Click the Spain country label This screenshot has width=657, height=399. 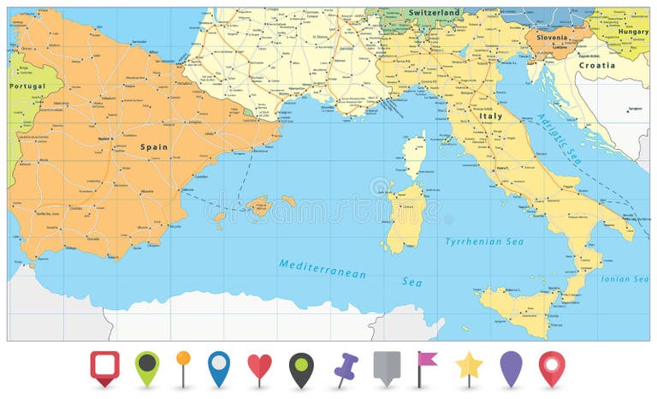pos(154,147)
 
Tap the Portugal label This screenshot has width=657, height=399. pos(27,86)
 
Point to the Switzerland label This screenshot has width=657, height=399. pos(434,13)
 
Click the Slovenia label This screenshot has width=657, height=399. pos(551,38)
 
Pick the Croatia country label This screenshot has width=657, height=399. pos(596,65)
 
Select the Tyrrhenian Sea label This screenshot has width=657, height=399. pos(484,242)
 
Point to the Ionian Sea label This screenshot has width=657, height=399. pos(624,279)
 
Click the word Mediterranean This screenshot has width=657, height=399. pos(323,268)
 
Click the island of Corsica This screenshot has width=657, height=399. pos(414,155)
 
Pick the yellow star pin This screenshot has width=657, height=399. pos(469,366)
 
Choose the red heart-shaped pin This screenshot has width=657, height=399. pos(259,367)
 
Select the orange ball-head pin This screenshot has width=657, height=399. pos(183,360)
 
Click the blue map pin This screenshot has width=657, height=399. pos(219,366)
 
